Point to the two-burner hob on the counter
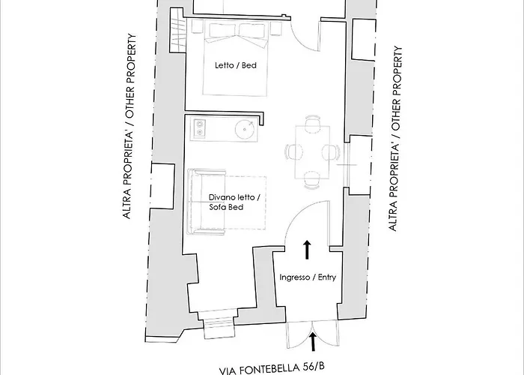[x=199, y=129]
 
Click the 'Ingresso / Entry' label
[x=306, y=277]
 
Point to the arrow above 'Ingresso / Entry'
[x=307, y=250]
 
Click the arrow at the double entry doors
[x=311, y=342]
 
